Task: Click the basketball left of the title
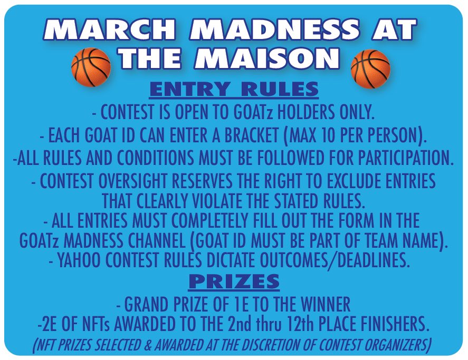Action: (91, 67)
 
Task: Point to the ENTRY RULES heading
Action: (234, 89)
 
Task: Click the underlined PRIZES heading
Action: (234, 282)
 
